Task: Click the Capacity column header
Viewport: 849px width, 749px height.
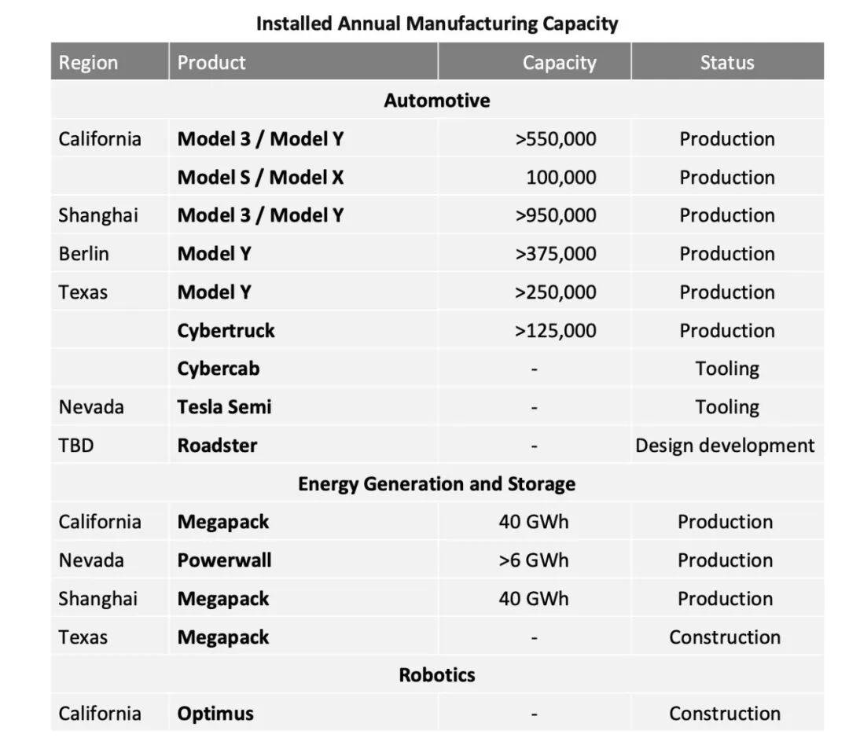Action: [559, 63]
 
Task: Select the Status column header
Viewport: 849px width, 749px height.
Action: [726, 63]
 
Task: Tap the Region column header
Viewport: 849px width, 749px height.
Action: [88, 63]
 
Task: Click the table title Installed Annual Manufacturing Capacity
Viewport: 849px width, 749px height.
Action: [437, 24]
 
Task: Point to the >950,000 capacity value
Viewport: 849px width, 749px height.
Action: [555, 215]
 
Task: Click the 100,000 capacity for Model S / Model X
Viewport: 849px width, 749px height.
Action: [560, 178]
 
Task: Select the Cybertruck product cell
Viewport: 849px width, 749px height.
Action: [226, 331]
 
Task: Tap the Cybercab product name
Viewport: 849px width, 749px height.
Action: [218, 369]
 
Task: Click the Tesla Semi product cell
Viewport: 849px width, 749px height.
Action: [224, 407]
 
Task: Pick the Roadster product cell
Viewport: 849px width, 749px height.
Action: [217, 446]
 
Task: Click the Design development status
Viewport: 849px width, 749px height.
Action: [725, 446]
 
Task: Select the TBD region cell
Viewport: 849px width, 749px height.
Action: [75, 446]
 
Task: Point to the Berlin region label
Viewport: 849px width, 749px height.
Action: [83, 254]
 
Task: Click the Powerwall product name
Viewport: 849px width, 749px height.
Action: [224, 560]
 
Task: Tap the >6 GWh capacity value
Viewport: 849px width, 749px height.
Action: [533, 560]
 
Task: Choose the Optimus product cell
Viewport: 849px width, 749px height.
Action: [215, 714]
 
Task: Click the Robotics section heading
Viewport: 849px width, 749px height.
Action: [437, 675]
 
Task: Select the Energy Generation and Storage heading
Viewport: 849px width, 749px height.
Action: [436, 484]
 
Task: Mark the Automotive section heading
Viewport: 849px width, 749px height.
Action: [436, 101]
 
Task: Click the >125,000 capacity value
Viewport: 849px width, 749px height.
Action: [555, 331]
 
